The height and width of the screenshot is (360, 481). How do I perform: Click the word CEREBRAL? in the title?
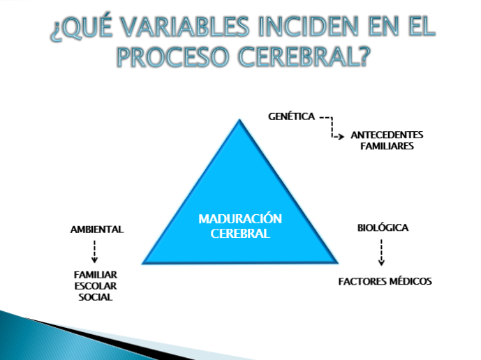pyautogui.click(x=304, y=57)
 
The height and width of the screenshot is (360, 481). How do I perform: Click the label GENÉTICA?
pyautogui.click(x=291, y=117)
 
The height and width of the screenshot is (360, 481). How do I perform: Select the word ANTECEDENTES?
pyautogui.click(x=387, y=135)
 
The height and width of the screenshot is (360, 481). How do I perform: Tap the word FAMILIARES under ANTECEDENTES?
pyautogui.click(x=387, y=147)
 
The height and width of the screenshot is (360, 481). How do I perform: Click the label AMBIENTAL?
pyautogui.click(x=97, y=229)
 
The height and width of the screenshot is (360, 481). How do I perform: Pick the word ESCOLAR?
pyautogui.click(x=97, y=286)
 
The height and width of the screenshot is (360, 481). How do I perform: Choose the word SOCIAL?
pyautogui.click(x=96, y=297)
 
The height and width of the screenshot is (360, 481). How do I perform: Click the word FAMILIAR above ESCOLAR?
pyautogui.click(x=96, y=275)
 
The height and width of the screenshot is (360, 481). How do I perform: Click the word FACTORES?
pyautogui.click(x=362, y=282)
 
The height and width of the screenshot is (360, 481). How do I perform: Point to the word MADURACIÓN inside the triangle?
pyautogui.click(x=240, y=219)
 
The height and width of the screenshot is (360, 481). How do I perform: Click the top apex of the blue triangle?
pyautogui.click(x=239, y=120)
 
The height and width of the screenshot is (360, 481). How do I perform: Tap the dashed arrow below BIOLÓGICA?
pyautogui.click(x=381, y=253)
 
